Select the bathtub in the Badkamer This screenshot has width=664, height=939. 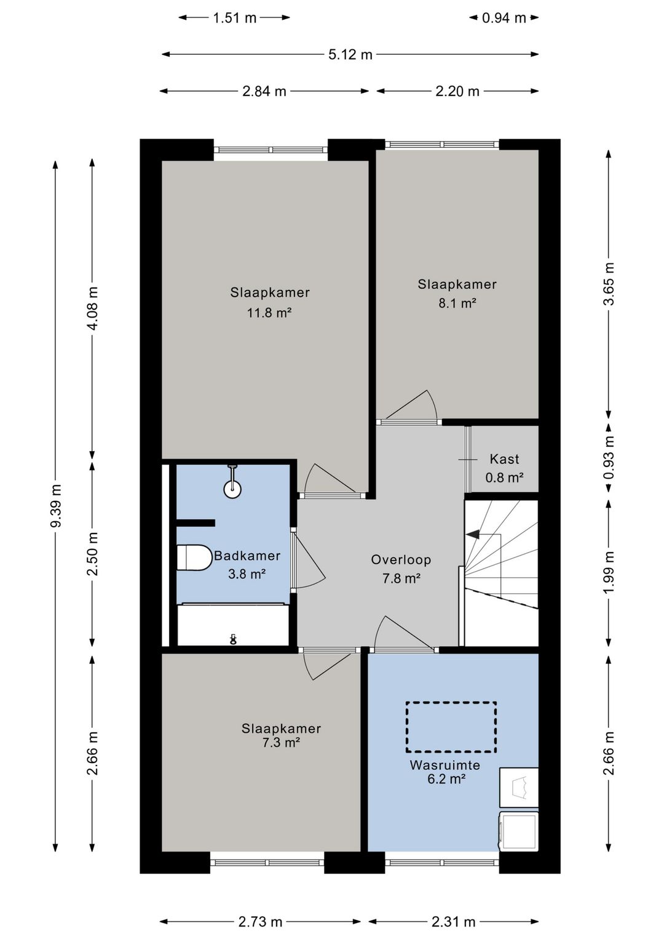[x=233, y=625]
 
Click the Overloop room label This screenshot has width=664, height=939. [x=401, y=559]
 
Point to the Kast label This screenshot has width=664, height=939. [x=504, y=459]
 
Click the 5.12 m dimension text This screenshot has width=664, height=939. [x=350, y=55]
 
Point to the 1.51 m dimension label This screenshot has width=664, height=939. [x=234, y=18]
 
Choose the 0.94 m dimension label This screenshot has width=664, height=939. [x=504, y=18]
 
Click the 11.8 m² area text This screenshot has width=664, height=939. [x=269, y=313]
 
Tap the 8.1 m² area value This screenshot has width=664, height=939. [x=457, y=303]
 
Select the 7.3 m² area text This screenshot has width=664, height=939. [x=281, y=742]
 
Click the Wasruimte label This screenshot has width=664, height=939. [x=445, y=765]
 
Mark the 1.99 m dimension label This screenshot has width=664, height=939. [x=609, y=572]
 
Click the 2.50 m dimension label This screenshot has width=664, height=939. [x=93, y=554]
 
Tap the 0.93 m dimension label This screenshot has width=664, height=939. [x=609, y=457]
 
